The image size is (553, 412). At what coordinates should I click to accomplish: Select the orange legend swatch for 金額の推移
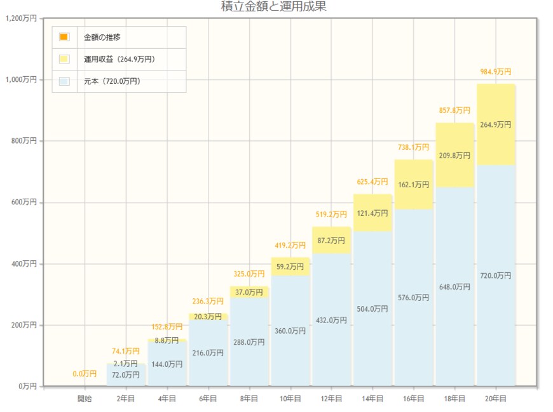click(x=64, y=37)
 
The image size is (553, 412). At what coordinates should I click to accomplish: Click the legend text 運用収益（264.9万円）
click(x=119, y=59)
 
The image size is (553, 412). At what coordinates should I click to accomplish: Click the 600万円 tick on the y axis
click(x=24, y=203)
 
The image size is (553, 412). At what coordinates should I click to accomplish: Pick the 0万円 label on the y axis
click(x=27, y=386)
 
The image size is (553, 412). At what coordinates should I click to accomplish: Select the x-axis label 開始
click(x=85, y=399)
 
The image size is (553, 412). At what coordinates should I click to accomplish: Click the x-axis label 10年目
click(x=290, y=399)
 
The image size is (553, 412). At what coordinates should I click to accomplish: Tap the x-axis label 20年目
click(x=495, y=399)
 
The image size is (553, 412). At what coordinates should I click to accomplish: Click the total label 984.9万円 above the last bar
click(x=495, y=72)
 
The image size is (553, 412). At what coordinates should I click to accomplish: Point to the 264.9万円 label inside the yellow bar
click(x=495, y=124)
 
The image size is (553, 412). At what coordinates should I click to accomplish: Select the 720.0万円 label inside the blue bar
click(x=495, y=276)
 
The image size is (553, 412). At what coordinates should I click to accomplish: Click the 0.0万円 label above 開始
click(x=85, y=374)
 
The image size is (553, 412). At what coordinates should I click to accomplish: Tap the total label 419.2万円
click(x=290, y=245)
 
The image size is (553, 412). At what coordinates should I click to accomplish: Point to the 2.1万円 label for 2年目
click(x=126, y=364)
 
